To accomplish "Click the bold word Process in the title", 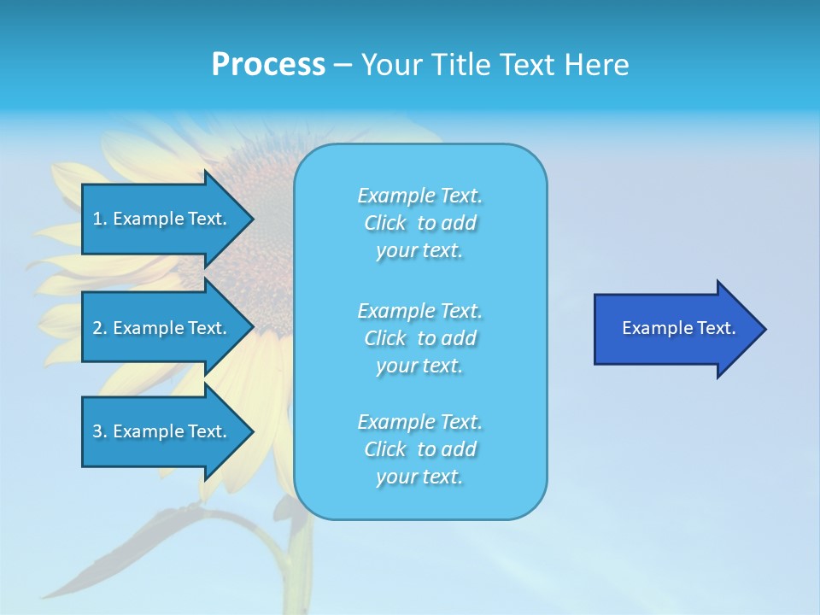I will click(268, 65).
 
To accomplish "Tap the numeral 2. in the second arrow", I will click(100, 328).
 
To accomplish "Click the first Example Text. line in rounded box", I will click(419, 196).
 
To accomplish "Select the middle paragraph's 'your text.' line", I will click(419, 366).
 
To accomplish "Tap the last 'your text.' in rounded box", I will click(419, 477).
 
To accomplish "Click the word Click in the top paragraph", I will click(385, 223).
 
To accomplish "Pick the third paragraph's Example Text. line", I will click(419, 422).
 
